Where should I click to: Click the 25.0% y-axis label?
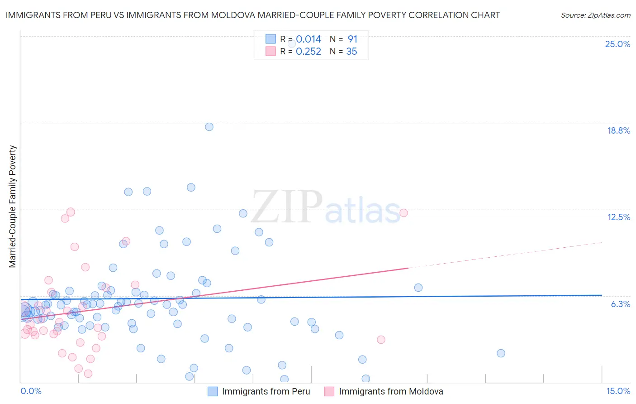click(x=617, y=44)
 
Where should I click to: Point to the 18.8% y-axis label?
click(x=618, y=130)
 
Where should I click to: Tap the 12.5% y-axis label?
click(x=618, y=217)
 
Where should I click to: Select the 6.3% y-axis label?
click(x=620, y=304)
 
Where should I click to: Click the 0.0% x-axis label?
click(x=31, y=391)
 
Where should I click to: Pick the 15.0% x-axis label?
click(x=618, y=391)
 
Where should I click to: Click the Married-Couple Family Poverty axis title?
click(x=13, y=207)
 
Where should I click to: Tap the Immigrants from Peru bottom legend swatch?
click(x=213, y=391)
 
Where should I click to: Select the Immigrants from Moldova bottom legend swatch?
click(x=329, y=391)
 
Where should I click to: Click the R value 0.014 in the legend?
click(x=308, y=39)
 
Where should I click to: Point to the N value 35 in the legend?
click(x=351, y=52)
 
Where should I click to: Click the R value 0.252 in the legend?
click(x=308, y=52)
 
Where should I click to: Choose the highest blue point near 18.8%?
click(x=209, y=127)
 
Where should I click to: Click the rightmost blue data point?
click(x=501, y=353)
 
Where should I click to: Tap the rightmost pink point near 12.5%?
click(x=403, y=213)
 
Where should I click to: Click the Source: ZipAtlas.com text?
click(x=595, y=15)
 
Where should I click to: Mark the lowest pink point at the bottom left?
click(x=88, y=374)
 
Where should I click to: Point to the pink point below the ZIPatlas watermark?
click(x=381, y=340)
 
